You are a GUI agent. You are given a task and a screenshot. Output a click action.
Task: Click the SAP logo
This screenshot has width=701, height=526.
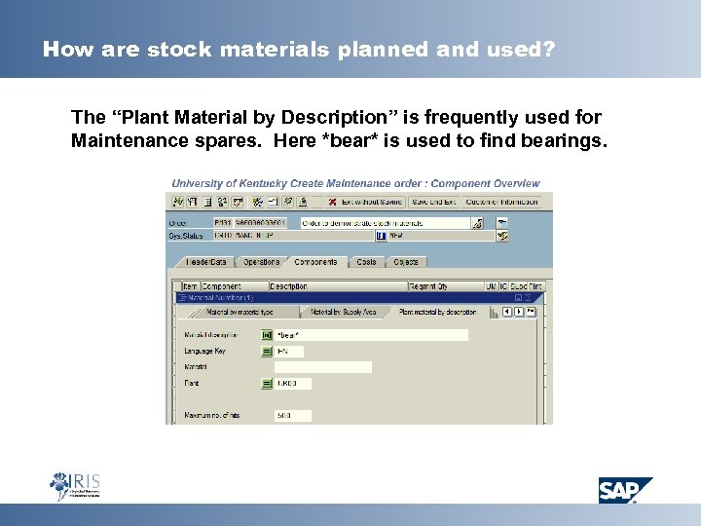click(625, 490)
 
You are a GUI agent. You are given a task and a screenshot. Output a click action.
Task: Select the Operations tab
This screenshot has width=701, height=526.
click(261, 262)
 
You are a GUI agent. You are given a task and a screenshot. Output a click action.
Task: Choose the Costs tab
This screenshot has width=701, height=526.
click(366, 262)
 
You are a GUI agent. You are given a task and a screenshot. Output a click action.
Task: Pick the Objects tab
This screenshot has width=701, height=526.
click(405, 262)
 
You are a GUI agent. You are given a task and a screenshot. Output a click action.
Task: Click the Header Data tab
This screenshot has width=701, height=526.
click(206, 262)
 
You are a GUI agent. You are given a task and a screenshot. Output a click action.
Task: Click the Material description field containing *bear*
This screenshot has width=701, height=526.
click(370, 335)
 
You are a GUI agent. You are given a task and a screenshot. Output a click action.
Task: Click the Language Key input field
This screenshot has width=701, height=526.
click(289, 352)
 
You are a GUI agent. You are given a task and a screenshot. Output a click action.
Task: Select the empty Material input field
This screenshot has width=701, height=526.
click(322, 367)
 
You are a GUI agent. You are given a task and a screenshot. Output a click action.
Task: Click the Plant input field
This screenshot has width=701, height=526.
click(292, 384)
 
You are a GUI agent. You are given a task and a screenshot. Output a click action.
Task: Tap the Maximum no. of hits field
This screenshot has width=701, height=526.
click(292, 416)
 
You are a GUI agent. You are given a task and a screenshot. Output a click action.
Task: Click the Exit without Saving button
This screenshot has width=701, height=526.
click(366, 202)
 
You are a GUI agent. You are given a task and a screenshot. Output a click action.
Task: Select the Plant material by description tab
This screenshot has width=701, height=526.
click(437, 312)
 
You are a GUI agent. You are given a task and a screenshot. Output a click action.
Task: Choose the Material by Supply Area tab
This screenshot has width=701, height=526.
click(343, 312)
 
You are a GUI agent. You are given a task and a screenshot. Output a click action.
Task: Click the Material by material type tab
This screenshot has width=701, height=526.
click(240, 312)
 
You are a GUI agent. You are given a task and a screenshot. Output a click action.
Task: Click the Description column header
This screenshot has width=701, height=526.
click(289, 286)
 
